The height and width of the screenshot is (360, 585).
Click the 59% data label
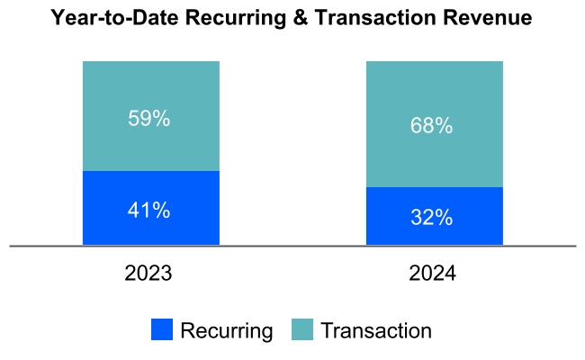click(x=149, y=119)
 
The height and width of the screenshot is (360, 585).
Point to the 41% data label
click(x=149, y=211)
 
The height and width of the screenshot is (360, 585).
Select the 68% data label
click(x=432, y=126)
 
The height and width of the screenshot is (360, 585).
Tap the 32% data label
click(x=432, y=218)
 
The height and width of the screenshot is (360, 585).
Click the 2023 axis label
click(x=149, y=273)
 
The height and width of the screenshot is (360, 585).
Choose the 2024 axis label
click(x=432, y=273)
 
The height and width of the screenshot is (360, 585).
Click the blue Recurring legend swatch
click(x=162, y=330)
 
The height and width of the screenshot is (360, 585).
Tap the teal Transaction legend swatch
click(x=302, y=330)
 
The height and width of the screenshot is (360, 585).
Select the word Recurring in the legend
click(x=226, y=330)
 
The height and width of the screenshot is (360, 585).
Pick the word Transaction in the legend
click(x=376, y=330)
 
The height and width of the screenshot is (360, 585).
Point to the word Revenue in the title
click(x=490, y=17)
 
